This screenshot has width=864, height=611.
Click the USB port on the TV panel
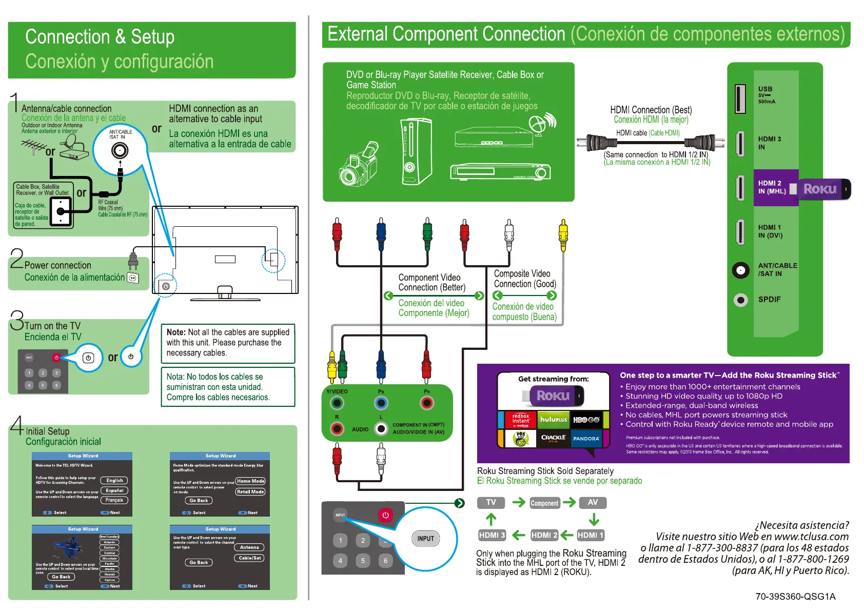point(740,99)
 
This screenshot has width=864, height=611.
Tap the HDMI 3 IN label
point(769,143)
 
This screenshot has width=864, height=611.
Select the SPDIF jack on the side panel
point(740,300)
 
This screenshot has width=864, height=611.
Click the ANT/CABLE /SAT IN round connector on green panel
point(740,270)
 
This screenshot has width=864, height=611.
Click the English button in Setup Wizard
point(114,481)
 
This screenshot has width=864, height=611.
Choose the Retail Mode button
point(250,491)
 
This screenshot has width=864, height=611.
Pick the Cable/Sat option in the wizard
point(250,558)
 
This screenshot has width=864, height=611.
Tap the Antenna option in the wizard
point(249,547)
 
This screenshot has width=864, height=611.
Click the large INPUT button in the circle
point(425,539)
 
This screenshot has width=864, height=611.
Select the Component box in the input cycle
point(544,503)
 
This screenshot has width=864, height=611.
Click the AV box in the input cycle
point(593,503)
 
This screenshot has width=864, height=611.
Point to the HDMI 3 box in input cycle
point(492,535)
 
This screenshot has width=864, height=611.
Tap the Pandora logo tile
point(586,438)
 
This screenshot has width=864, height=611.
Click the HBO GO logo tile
point(586,420)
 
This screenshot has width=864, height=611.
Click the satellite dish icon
point(541,124)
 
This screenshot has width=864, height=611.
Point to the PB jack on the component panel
point(381,403)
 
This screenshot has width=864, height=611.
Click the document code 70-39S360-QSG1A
point(795,597)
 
